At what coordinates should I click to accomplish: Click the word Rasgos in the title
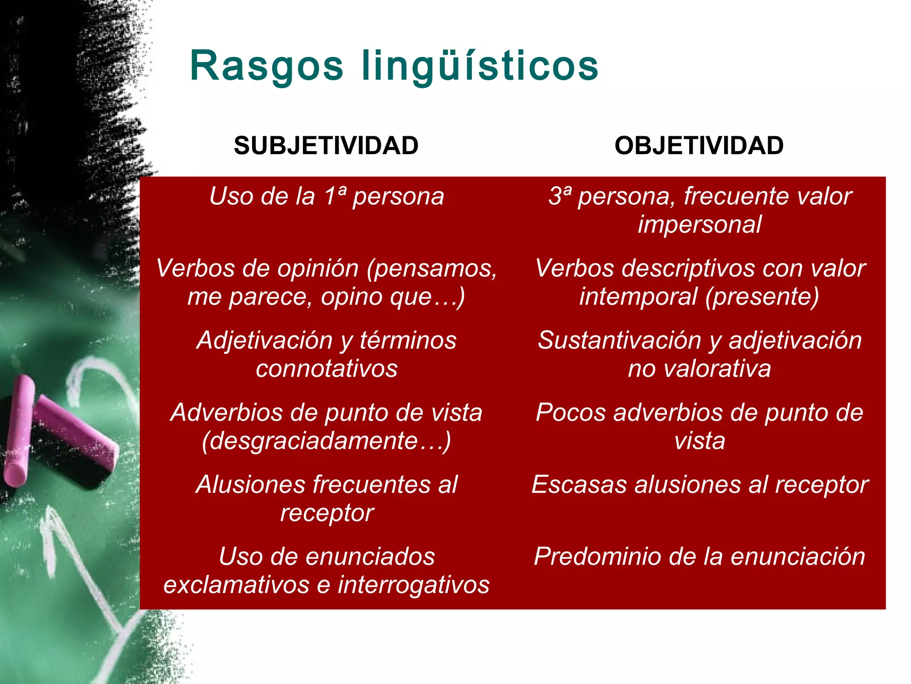[266, 67]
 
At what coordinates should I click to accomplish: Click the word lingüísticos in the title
[480, 67]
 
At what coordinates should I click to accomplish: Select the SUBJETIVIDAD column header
[326, 146]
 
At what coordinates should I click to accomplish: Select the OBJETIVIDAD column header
[699, 146]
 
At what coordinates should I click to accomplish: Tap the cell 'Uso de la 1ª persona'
[327, 196]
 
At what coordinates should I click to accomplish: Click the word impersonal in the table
[700, 224]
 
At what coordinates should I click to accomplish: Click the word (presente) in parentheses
[762, 297]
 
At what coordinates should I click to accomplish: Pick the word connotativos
[327, 369]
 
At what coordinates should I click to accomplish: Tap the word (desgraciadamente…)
[327, 441]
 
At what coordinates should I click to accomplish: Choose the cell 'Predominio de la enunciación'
[699, 557]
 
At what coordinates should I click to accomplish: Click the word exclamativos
[236, 585]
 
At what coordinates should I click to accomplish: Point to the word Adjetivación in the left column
[265, 341]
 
